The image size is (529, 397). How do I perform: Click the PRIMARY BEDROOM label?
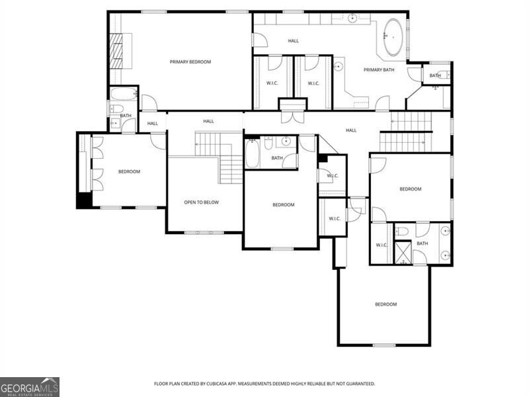[190, 62]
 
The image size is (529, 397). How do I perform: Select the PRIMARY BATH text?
[379, 69]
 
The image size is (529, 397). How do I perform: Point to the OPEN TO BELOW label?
[201, 202]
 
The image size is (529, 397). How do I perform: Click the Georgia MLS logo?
[30, 386]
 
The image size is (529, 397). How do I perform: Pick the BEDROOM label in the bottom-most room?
[386, 304]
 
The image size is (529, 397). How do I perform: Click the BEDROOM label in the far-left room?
[129, 172]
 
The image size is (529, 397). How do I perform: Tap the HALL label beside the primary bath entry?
[293, 41]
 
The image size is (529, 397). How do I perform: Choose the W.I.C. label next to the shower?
[382, 245]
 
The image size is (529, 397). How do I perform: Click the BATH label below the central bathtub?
[276, 158]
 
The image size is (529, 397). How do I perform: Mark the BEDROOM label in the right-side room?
[410, 189]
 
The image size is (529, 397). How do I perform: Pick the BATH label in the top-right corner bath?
[434, 75]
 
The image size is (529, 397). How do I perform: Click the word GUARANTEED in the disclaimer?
[358, 384]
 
